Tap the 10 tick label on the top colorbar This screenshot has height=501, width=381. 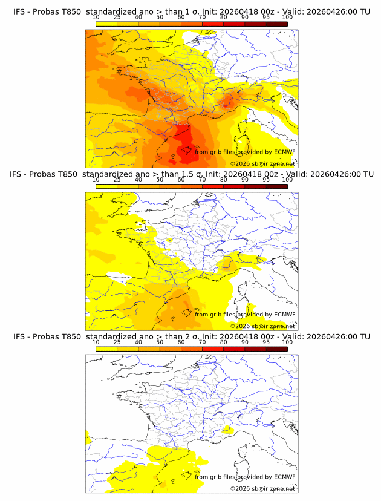pyautogui.click(x=96, y=18)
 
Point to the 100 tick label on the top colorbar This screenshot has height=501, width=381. pyautogui.click(x=287, y=18)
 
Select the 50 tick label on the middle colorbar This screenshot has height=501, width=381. pyautogui.click(x=160, y=180)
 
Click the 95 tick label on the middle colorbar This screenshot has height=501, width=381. pyautogui.click(x=266, y=180)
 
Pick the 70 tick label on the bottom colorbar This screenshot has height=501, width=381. pyautogui.click(x=202, y=342)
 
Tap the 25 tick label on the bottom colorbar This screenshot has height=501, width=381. pyautogui.click(x=117, y=342)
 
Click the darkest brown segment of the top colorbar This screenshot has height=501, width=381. pyautogui.click(x=276, y=24)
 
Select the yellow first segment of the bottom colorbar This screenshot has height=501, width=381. pyautogui.click(x=106, y=349)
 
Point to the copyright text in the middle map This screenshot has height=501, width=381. pyautogui.click(x=262, y=326)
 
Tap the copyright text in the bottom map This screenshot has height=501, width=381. pyautogui.click(x=262, y=488)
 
